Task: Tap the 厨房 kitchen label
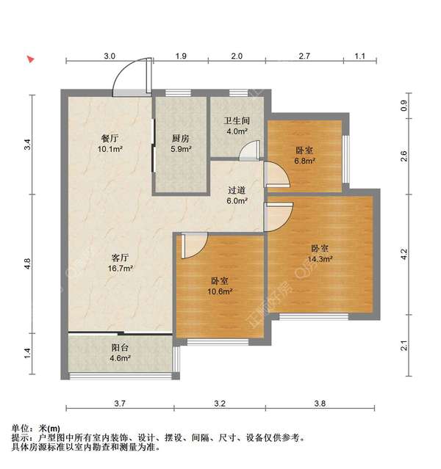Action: point(181,137)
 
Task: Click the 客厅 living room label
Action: point(121,258)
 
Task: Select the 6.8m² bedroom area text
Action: point(305,160)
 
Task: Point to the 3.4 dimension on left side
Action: point(27,145)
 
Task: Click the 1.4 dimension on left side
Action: point(27,352)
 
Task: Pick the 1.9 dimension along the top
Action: point(181,56)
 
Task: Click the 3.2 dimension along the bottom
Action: point(220,403)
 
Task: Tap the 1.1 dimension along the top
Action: point(360,56)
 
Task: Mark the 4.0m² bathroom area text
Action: point(237,132)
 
